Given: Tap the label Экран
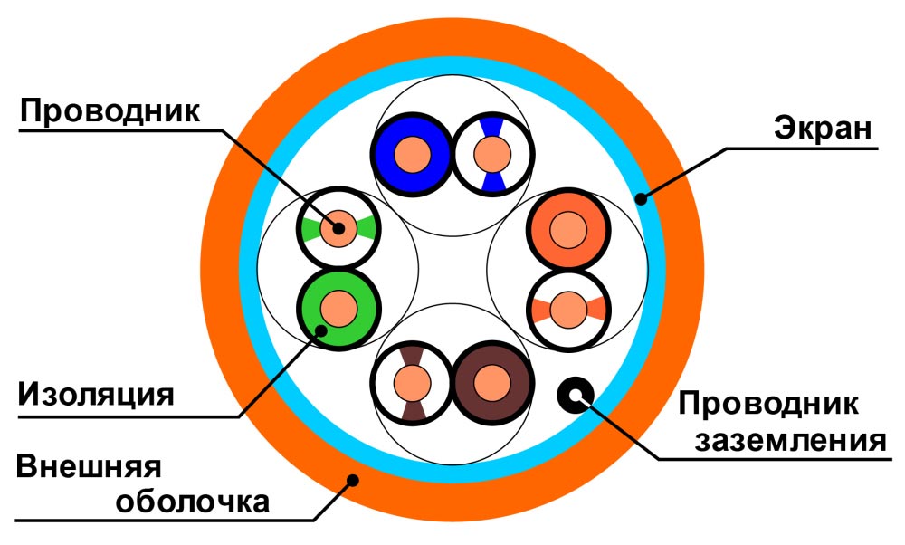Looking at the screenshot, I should pos(823,128).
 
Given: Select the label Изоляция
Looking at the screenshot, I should pos(96,395).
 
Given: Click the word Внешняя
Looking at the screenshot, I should pos(89,467).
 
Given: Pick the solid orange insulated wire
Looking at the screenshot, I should pos(567,230).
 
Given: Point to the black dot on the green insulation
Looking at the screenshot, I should pos(320,331).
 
